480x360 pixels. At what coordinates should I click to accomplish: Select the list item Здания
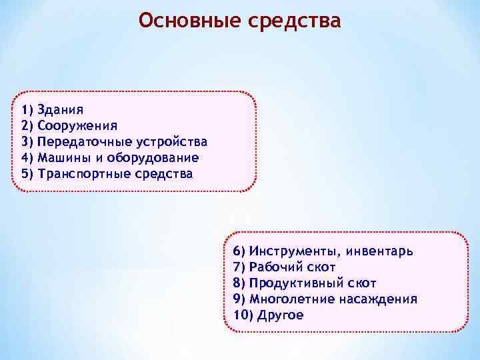(61, 109)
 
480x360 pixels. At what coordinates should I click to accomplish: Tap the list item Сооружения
(77, 125)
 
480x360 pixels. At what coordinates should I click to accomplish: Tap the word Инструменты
(289, 251)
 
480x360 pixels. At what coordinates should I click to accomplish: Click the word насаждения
(377, 299)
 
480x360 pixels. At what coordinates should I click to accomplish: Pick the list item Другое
(279, 315)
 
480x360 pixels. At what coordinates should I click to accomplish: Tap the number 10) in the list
(243, 315)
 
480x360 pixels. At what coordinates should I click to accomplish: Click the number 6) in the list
(240, 251)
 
